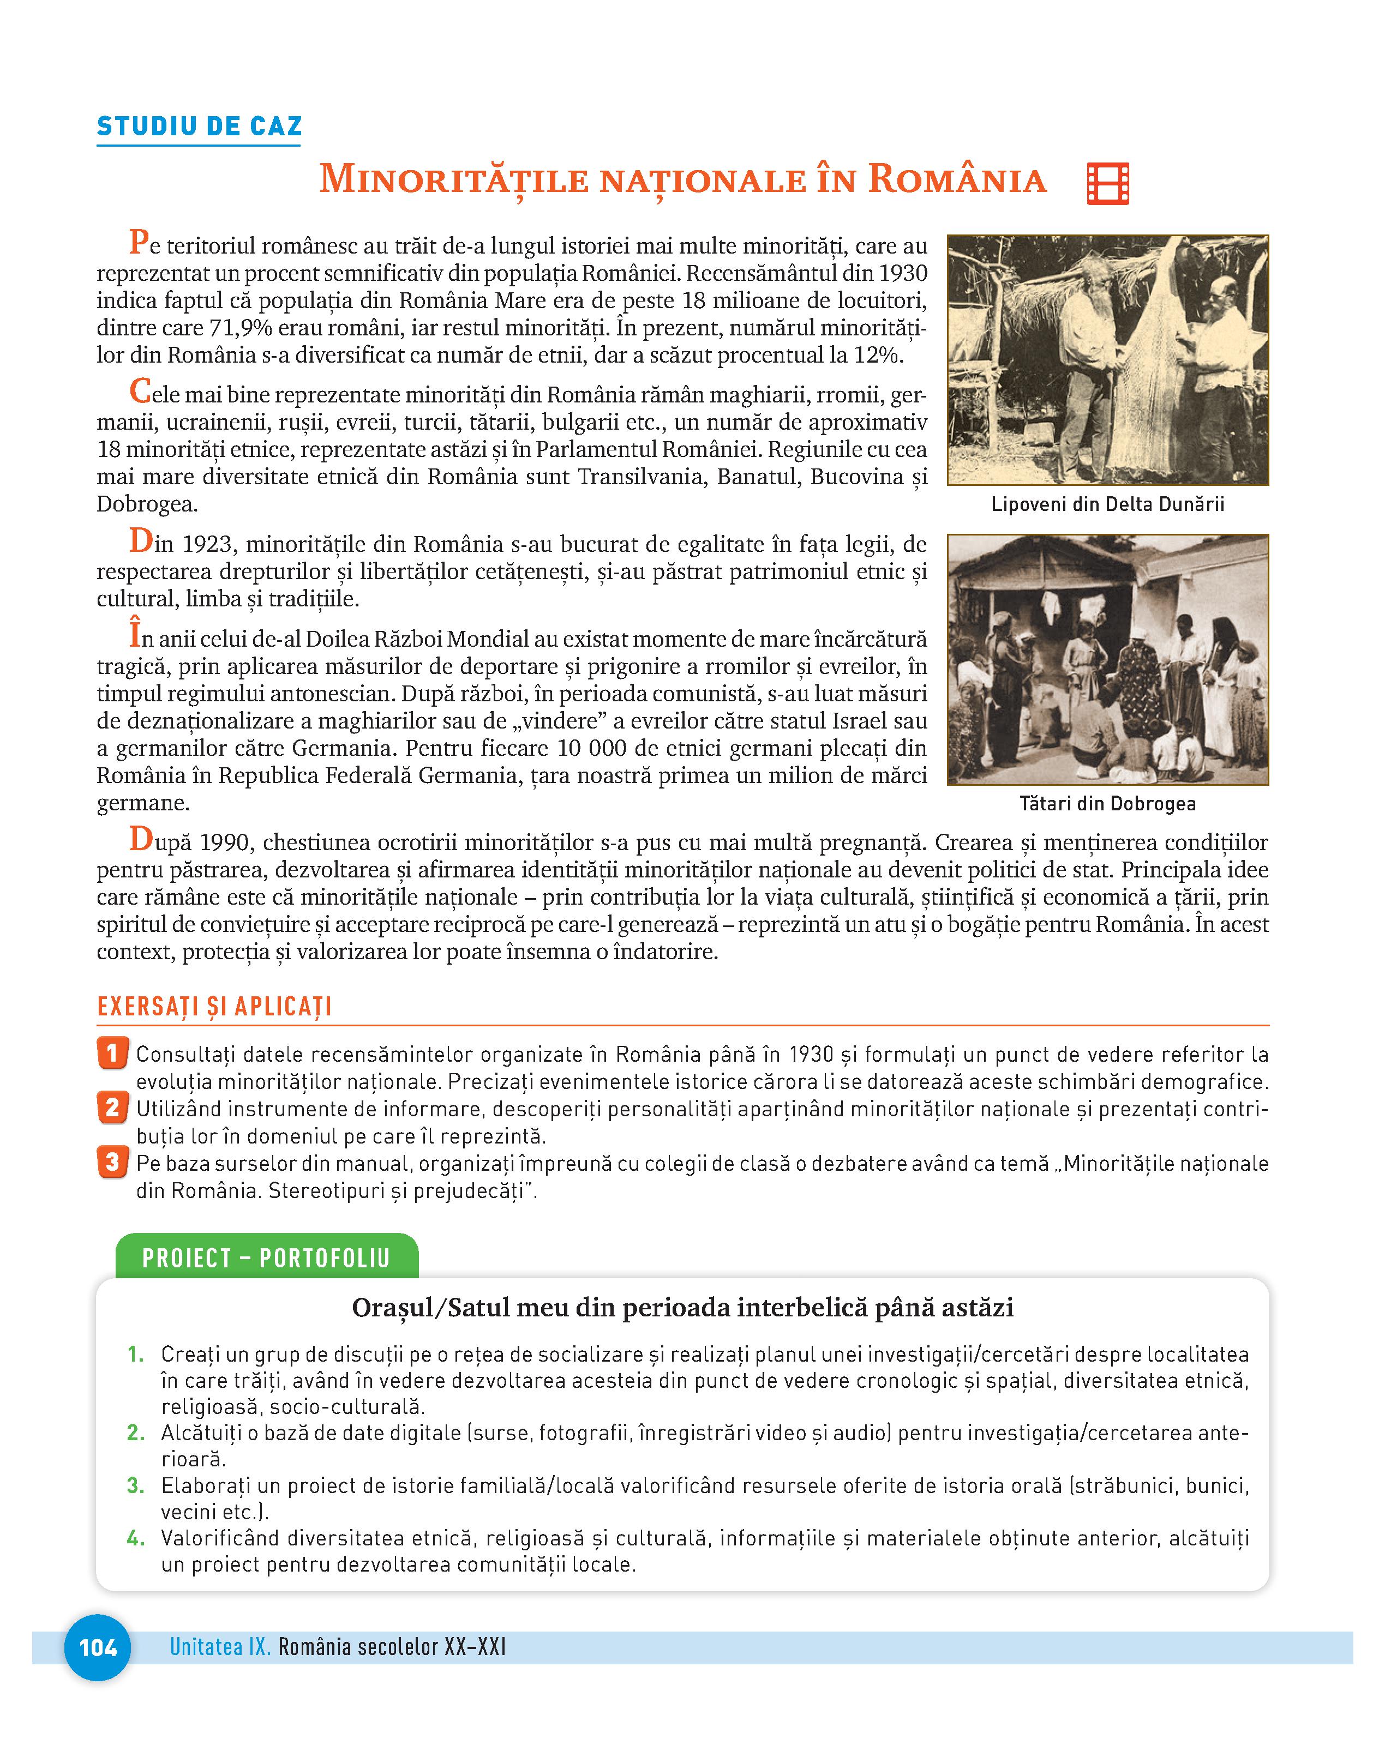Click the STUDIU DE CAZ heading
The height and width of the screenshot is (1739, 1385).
199,127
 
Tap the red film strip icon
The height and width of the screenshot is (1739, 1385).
1107,183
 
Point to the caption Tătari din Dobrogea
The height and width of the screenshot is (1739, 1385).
1107,803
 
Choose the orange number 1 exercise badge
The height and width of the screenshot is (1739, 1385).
112,1054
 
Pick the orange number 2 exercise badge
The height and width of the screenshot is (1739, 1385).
112,1108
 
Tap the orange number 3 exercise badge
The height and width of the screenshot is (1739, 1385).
112,1162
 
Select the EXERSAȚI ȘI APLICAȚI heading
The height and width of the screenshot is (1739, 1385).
214,1007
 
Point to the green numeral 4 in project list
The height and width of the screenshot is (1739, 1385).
135,1538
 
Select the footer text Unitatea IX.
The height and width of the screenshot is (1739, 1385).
219,1647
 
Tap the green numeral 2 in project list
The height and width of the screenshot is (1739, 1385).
135,1433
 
